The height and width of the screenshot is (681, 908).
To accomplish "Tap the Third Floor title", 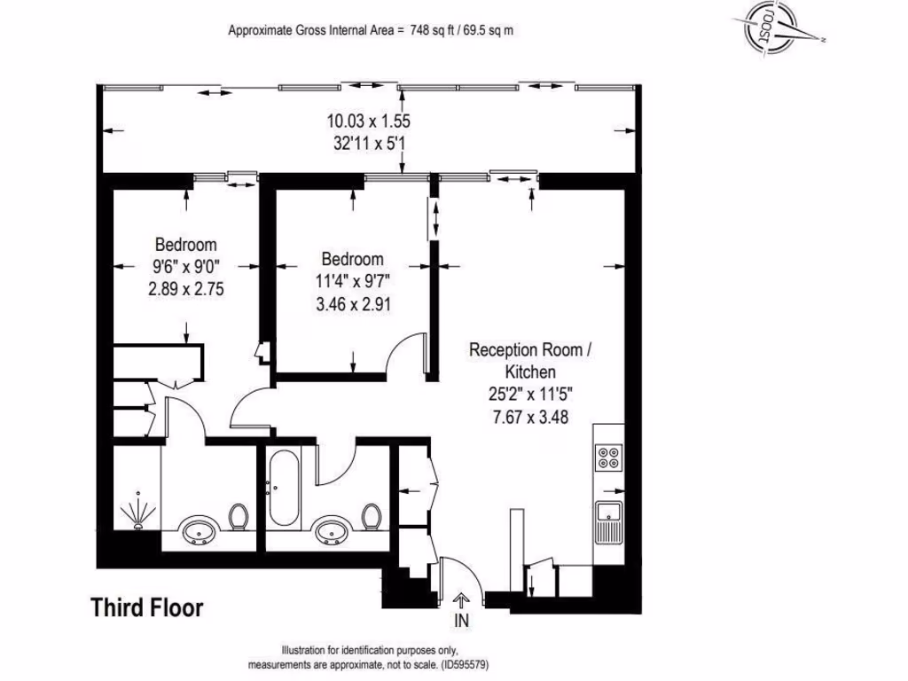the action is coord(147,608).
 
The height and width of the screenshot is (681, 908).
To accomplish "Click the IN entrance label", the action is coord(461,621).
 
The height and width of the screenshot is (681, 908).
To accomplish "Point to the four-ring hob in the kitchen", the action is coord(609,457).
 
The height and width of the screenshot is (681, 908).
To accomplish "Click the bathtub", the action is coord(284,489).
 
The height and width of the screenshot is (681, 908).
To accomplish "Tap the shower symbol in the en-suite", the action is coord(137,510).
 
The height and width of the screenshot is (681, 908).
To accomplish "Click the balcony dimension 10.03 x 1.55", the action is coord(368,121).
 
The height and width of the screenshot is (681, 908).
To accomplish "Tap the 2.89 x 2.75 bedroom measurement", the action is coord(186,289).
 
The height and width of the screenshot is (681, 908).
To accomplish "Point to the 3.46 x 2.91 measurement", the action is coord(353,304).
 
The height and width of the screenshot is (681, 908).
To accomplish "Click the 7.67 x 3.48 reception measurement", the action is coord(530,417).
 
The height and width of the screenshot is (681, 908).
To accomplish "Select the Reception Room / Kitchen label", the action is coord(530,361).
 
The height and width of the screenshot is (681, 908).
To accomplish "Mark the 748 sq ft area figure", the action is coord(433,30).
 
